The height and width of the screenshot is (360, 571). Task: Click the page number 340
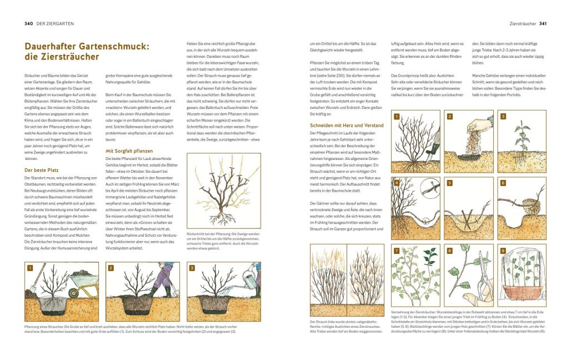[29, 24]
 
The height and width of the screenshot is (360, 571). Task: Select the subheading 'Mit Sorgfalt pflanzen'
[129, 151]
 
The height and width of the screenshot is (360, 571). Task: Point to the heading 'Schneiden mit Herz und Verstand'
[347, 126]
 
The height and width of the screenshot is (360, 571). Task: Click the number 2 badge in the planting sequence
[111, 268]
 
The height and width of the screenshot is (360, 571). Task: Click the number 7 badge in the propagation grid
[397, 251]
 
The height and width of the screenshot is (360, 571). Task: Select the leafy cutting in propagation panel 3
[522, 136]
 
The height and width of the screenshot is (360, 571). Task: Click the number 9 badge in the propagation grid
[503, 251]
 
